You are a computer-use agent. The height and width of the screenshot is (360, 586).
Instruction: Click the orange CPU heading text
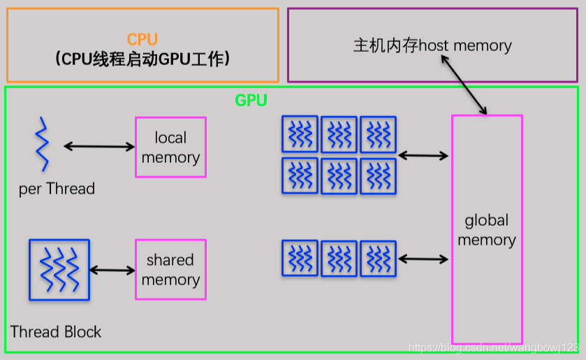point(142,40)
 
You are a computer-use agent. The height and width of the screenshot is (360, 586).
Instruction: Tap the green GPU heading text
point(251,100)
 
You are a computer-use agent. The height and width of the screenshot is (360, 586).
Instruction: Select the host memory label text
point(432,46)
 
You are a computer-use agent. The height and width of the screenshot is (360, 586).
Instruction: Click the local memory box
point(170,147)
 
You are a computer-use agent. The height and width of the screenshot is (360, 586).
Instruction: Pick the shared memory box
point(170,270)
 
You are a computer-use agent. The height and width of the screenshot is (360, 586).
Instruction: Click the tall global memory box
point(487,229)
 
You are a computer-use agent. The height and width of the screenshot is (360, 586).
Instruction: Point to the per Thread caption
point(57,189)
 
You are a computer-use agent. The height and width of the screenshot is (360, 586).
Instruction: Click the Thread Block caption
point(56,331)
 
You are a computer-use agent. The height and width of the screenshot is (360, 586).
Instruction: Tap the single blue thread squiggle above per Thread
point(42,144)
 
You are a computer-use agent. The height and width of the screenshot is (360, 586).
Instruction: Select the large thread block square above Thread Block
point(59,270)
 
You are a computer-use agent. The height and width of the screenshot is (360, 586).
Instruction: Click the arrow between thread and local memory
point(98,146)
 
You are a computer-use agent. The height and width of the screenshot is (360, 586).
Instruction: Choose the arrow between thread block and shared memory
point(112,270)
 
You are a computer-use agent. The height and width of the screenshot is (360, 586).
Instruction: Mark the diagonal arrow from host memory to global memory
point(462,83)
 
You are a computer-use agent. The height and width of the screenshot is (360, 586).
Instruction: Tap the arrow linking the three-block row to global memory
point(423,259)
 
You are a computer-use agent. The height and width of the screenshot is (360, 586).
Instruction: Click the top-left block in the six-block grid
point(300,134)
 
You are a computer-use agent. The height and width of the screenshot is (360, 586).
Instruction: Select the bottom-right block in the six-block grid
point(378,176)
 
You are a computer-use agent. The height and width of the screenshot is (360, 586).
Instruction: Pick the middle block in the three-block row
point(339,259)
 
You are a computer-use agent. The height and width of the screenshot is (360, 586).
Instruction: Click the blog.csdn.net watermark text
point(493,347)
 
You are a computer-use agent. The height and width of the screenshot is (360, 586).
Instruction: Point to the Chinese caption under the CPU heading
point(142,59)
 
